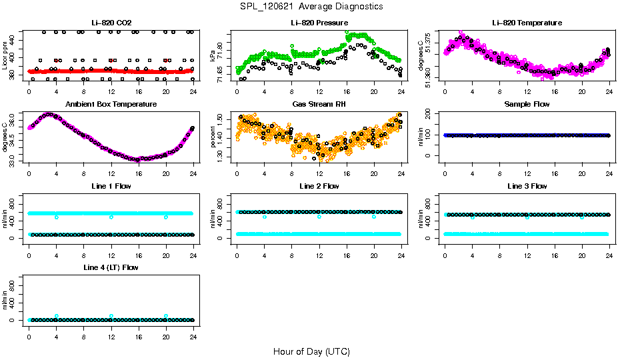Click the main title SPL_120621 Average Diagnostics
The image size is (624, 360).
coord(312,6)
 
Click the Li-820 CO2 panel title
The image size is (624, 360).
coord(111,23)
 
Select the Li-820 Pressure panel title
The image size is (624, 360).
coord(319,23)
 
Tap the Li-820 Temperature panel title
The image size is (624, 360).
coord(527,23)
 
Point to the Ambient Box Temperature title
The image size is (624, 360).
coord(111,104)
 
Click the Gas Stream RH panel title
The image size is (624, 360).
coord(319,104)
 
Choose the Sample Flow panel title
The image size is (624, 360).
coord(527,104)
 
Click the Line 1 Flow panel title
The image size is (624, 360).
coord(111,186)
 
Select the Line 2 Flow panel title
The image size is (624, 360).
coord(319,186)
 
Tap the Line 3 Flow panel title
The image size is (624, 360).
coord(527,186)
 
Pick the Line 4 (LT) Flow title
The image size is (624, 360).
coord(111,267)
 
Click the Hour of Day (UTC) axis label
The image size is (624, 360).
coord(311,351)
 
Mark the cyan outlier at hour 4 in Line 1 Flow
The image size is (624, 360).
coord(57,217)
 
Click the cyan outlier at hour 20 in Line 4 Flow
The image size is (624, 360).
coord(166,316)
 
